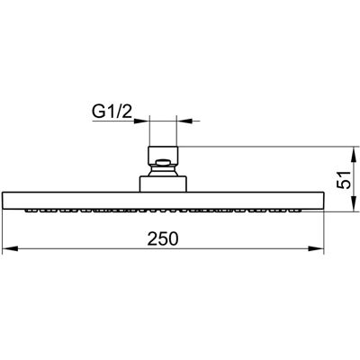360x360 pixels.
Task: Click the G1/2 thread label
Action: (112, 112)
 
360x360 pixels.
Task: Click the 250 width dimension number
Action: (163, 238)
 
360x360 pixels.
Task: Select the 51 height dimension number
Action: (344, 180)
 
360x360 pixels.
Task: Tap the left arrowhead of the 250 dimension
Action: (10, 248)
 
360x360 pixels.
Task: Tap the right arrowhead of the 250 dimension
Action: (317, 248)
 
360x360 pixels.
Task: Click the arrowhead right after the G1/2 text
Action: (141, 121)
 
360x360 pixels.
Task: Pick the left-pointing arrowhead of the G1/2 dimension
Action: (184, 121)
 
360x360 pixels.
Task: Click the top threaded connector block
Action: (163, 156)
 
